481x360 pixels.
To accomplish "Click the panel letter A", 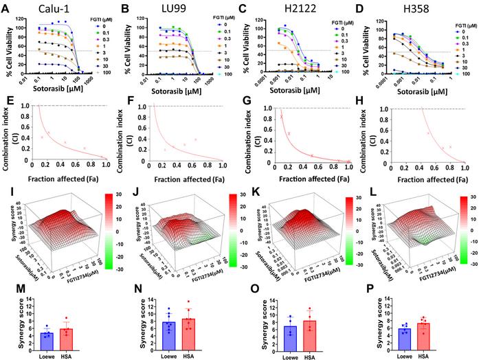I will tap(5, 7).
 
